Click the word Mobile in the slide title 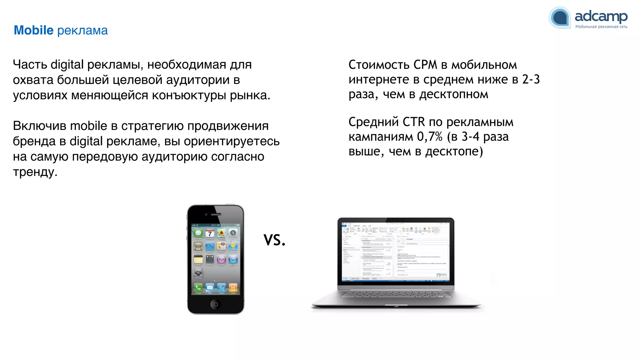[x=34, y=30]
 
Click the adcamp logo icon [x=560, y=17]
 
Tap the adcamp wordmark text [x=601, y=16]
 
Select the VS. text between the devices [x=274, y=240]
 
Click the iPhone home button [x=215, y=304]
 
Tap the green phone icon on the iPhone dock [x=198, y=287]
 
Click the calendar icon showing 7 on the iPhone [x=210, y=233]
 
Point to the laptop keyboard [x=396, y=295]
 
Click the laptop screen [x=396, y=252]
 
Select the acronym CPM [x=425, y=65]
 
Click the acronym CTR [x=413, y=122]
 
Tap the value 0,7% [x=430, y=137]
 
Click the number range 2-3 [x=531, y=79]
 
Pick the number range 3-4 [x=470, y=137]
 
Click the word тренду [x=35, y=172]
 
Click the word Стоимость [x=379, y=65]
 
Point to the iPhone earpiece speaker [x=216, y=214]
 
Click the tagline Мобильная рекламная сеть [x=601, y=27]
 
